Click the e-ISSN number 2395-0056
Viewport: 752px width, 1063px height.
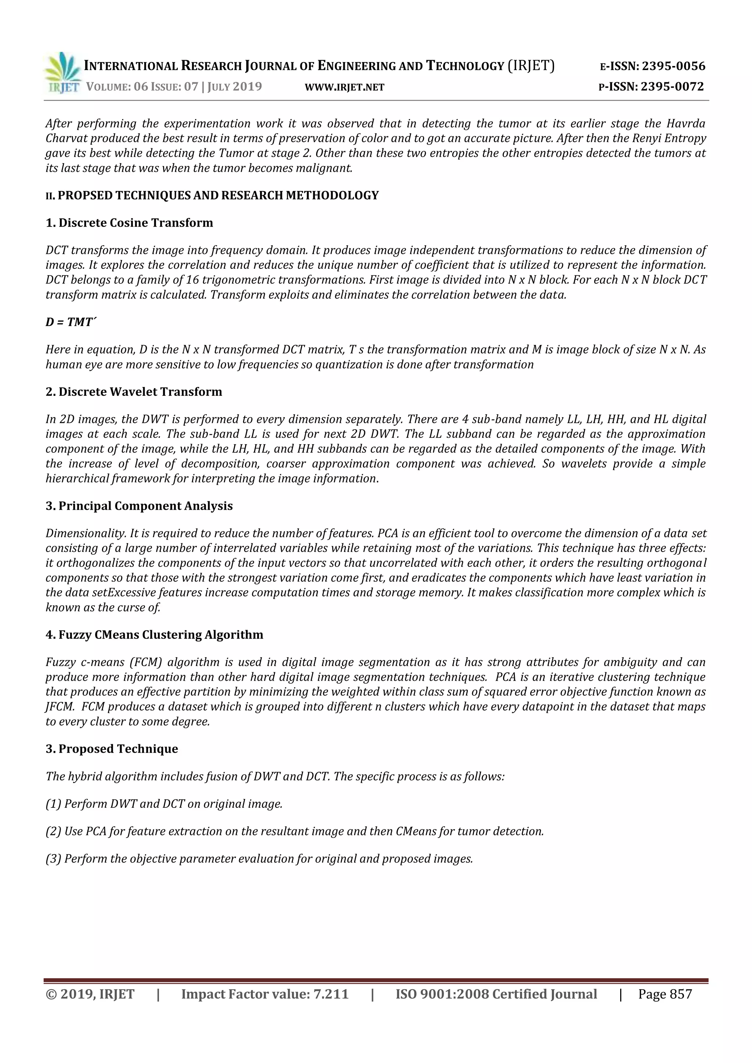(673, 66)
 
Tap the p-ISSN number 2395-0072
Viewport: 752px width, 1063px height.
(672, 87)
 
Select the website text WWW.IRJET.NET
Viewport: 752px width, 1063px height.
(344, 87)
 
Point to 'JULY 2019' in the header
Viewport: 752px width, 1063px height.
(234, 87)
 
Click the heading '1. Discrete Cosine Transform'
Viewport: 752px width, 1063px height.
(129, 223)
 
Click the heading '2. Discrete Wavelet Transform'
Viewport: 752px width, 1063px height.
(134, 392)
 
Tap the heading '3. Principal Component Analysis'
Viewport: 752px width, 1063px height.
(139, 506)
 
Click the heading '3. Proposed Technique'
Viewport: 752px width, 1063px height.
(112, 749)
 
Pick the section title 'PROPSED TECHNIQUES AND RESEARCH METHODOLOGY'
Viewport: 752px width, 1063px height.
(218, 195)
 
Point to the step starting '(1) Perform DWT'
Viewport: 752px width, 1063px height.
(164, 804)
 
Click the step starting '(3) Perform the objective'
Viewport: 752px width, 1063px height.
(259, 859)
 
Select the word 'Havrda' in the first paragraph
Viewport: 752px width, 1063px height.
(686, 124)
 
